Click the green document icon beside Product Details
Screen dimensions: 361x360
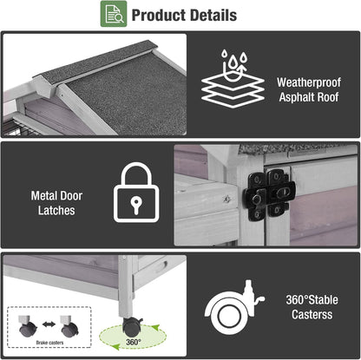coord(114,14)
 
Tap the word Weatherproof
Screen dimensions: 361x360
coord(309,82)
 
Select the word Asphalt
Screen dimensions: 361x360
coord(297,97)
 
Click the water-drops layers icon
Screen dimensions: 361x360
coord(233,79)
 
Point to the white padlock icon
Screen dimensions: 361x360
coord(136,193)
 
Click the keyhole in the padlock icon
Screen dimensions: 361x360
coord(136,205)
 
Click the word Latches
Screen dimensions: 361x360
coord(56,211)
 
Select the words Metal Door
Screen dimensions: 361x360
coord(56,196)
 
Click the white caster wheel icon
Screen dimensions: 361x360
coord(233,308)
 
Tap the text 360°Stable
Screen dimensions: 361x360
coord(312,300)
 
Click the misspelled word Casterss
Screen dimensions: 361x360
coord(312,314)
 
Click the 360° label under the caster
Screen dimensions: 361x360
coord(134,342)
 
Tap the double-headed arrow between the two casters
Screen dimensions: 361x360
coord(49,324)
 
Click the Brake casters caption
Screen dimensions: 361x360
coord(49,343)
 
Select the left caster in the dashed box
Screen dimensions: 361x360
coord(28,327)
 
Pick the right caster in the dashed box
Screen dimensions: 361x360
coord(69,327)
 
